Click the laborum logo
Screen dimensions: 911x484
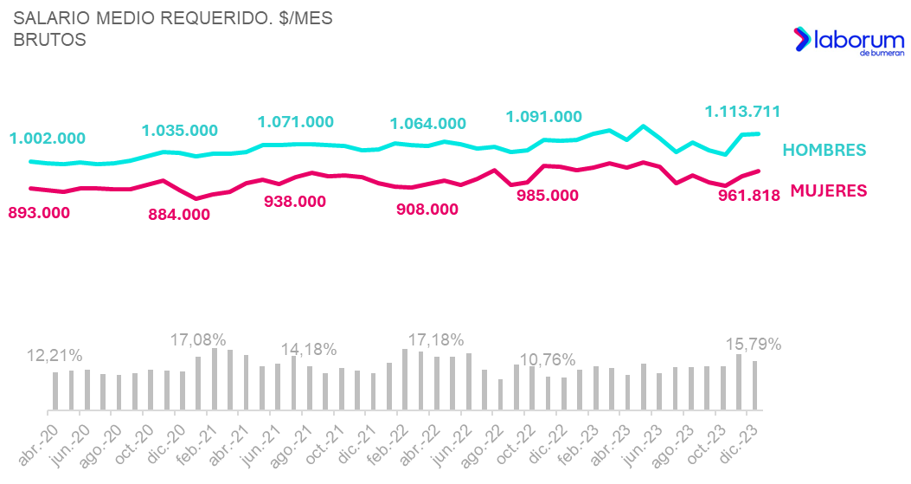click(849, 41)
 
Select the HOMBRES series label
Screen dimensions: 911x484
click(824, 150)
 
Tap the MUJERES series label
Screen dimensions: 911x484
click(829, 190)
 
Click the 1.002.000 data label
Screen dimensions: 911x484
click(47, 139)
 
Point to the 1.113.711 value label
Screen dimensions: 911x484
click(742, 112)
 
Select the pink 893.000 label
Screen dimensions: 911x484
click(39, 213)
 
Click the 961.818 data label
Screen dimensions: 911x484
click(749, 196)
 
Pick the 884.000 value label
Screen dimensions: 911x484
click(179, 215)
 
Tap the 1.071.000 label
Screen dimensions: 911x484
click(296, 122)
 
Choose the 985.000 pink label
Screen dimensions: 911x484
click(548, 196)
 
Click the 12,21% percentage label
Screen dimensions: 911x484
click(55, 356)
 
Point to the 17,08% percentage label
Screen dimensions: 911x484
click(198, 339)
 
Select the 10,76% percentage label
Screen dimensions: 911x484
click(548, 360)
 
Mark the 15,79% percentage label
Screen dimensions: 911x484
click(754, 345)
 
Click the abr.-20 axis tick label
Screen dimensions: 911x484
click(38, 446)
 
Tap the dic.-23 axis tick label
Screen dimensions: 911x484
click(740, 445)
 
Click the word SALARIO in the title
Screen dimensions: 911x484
click(52, 18)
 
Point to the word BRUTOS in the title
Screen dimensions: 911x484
click(49, 40)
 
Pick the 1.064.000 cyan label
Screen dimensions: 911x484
click(427, 124)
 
